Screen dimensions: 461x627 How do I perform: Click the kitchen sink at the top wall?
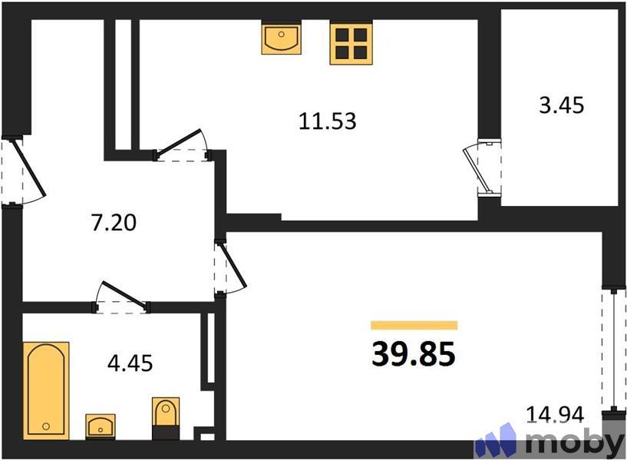point(281,38)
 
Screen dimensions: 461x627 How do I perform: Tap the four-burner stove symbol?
point(351,42)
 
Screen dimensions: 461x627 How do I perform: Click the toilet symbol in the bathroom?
point(165,418)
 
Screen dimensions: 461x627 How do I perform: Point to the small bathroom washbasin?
point(100,425)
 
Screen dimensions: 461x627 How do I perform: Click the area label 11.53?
point(328,121)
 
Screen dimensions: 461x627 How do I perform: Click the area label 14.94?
point(555,415)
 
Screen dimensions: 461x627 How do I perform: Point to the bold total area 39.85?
point(414,353)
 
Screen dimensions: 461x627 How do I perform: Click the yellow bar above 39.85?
point(414,325)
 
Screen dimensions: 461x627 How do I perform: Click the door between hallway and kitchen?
point(183,149)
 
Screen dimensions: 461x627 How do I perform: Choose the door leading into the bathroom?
point(121,300)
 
